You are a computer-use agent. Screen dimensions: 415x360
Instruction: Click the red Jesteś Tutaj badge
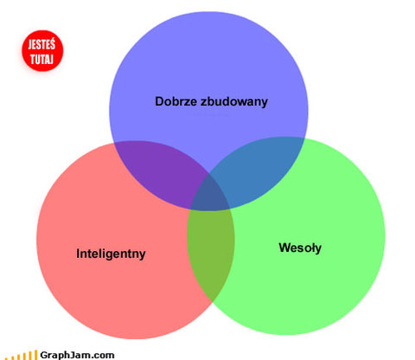pyautogui.click(x=42, y=51)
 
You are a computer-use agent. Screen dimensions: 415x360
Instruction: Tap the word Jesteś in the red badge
pyautogui.click(x=41, y=44)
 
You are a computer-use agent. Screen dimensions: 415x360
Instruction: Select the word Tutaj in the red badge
pyautogui.click(x=41, y=59)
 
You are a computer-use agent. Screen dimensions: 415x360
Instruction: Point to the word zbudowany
pyautogui.click(x=234, y=102)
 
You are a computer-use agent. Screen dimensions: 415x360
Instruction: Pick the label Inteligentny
pyautogui.click(x=111, y=254)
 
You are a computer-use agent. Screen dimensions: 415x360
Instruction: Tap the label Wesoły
pyautogui.click(x=300, y=248)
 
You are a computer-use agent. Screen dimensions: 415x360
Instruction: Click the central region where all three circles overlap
pyautogui.click(x=210, y=194)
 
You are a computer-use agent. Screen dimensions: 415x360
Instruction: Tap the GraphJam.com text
pyautogui.click(x=77, y=355)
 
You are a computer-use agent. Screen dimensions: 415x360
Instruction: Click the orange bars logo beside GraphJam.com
pyautogui.click(x=23, y=356)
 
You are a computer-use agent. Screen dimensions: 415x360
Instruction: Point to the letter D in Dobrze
pyautogui.click(x=160, y=101)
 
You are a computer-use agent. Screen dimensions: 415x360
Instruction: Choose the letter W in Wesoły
pyautogui.click(x=285, y=247)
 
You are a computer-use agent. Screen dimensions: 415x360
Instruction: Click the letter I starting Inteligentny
pyautogui.click(x=78, y=254)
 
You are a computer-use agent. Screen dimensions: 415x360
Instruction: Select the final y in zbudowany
pyautogui.click(x=265, y=104)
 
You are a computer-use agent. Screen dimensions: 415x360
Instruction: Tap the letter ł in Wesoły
pyautogui.click(x=311, y=247)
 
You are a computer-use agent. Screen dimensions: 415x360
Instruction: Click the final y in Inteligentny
pyautogui.click(x=142, y=256)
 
